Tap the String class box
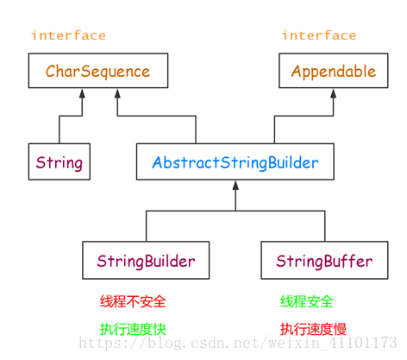click(x=59, y=162)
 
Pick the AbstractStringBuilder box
click(x=235, y=162)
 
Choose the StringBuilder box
click(x=146, y=261)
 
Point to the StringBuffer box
click(x=324, y=261)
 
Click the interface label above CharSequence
click(x=68, y=35)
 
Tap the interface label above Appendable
click(x=318, y=35)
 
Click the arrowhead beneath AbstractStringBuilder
click(x=235, y=186)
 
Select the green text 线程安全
click(x=306, y=302)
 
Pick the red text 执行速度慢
click(x=312, y=328)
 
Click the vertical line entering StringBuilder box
click(x=146, y=226)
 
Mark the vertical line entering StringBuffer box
click(x=324, y=226)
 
